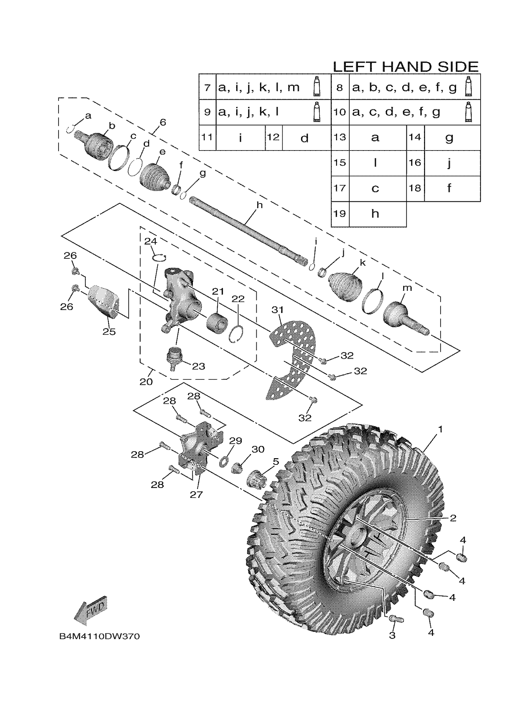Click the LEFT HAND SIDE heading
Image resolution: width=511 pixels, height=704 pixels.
coord(405,67)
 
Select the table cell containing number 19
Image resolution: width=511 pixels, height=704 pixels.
coord(340,214)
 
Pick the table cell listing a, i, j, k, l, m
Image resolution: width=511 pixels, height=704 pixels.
coord(259,87)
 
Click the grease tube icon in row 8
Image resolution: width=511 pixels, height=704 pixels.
coord(469,86)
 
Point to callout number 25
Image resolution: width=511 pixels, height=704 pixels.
coord(109,331)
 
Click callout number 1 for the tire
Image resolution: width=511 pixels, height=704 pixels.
coord(440,429)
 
